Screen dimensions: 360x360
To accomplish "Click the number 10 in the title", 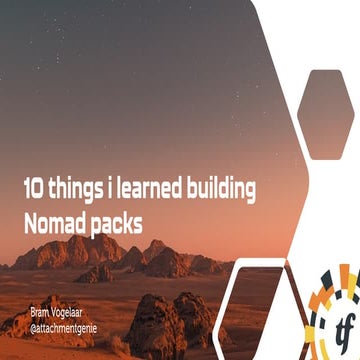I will click(34, 187).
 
